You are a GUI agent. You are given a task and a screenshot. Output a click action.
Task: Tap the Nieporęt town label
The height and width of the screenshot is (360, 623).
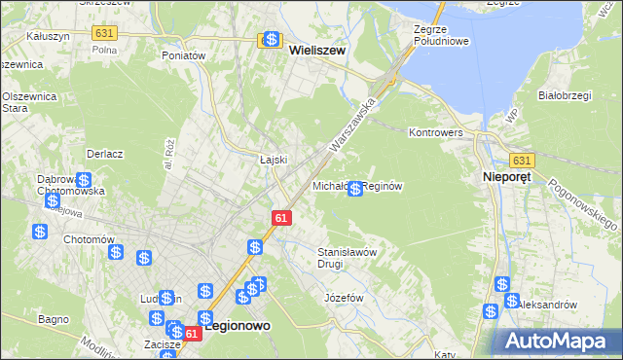pos(512,178)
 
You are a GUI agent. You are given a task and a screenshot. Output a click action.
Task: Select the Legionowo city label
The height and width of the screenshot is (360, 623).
pos(238,328)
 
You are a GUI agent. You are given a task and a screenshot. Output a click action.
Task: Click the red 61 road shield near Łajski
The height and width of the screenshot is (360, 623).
pos(280,220)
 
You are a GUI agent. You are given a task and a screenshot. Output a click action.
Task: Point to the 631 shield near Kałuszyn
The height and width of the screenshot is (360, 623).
pos(105,33)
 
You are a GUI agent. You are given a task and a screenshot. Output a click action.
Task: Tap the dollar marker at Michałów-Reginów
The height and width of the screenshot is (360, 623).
pos(355,189)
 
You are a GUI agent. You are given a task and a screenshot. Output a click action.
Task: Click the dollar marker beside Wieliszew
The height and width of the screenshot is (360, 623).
pos(272,41)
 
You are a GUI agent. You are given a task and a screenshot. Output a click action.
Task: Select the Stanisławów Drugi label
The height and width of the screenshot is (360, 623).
pos(348,257)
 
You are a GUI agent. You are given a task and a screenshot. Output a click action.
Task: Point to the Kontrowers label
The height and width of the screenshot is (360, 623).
pos(436,131)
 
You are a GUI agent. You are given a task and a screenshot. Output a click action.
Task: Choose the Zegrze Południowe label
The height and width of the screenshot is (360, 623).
pos(441,36)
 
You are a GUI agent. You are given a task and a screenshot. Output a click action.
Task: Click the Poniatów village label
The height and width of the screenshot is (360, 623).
pos(184,55)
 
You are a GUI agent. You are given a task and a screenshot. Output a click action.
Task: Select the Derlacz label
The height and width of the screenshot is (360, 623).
pos(104,154)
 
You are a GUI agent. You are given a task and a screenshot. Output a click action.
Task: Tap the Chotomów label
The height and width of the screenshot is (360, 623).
pos(89,239)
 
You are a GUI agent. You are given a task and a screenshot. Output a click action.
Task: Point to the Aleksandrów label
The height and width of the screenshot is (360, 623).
pos(547,305)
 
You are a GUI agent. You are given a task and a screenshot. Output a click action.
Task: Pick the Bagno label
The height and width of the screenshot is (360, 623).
pos(53,318)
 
